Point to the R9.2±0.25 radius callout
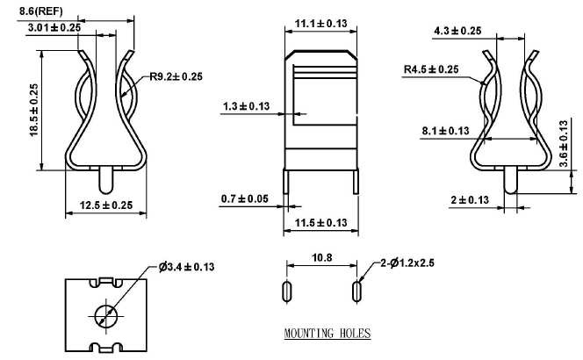pyautogui.click(x=176, y=77)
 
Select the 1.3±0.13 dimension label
pyautogui.click(x=246, y=107)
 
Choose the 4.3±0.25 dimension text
pyautogui.click(x=457, y=31)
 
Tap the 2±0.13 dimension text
pyautogui.click(x=470, y=200)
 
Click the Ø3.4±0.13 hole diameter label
pyautogui.click(x=187, y=266)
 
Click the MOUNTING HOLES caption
pyautogui.click(x=327, y=334)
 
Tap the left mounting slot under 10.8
pyautogui.click(x=286, y=291)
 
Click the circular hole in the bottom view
pyautogui.click(x=104, y=314)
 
